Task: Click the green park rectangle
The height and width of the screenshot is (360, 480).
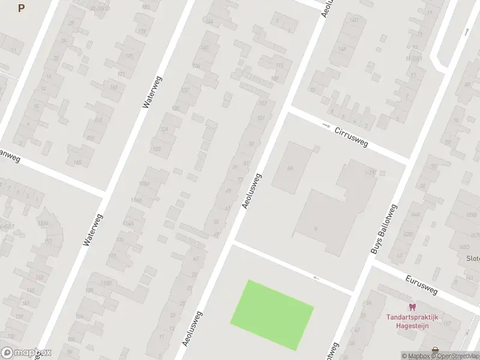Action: (272, 315)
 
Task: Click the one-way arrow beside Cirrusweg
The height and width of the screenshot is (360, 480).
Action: (326, 125)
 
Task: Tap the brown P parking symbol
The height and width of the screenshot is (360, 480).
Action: (22, 8)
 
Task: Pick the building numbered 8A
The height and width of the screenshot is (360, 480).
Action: (290, 169)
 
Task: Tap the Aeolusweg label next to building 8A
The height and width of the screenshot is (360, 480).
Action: (253, 191)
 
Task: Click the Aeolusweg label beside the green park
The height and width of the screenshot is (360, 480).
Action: (192, 329)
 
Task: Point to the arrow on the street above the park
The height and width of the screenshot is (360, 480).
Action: (316, 278)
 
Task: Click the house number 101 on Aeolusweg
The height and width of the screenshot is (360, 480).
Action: (260, 118)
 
